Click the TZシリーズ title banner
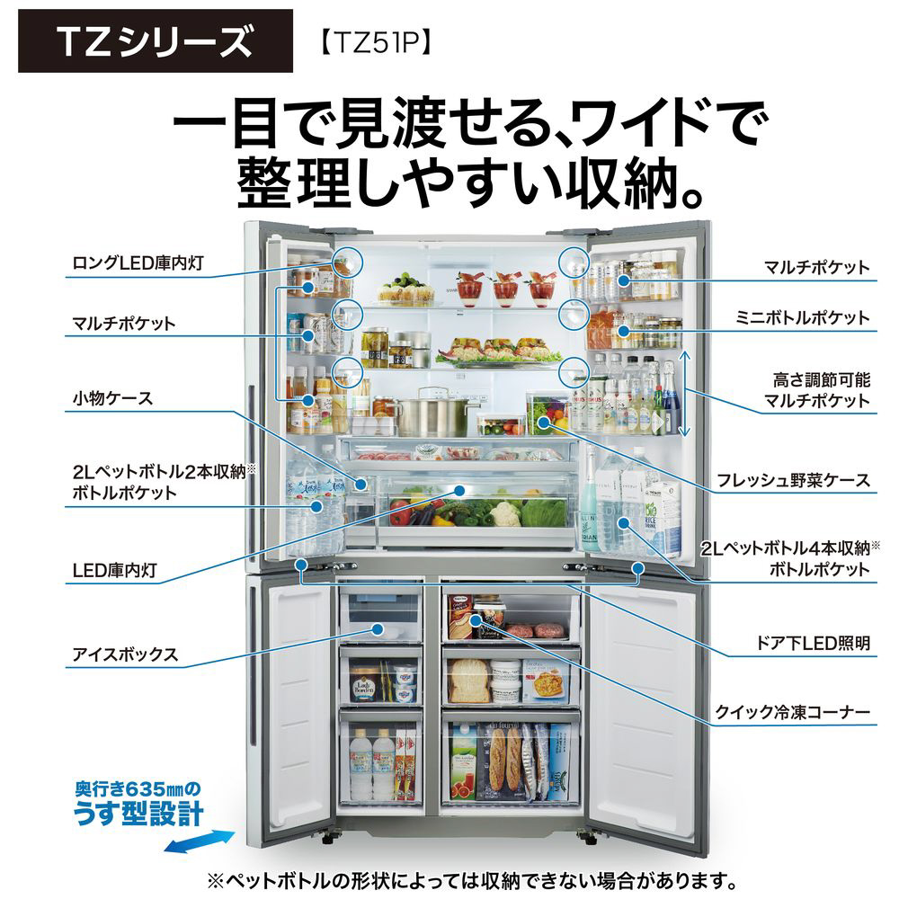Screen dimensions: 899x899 tap(156, 40)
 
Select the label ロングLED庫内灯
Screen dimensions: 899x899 tap(138, 263)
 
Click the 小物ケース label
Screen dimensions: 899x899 tap(112, 398)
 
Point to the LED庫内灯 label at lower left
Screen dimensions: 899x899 tap(115, 570)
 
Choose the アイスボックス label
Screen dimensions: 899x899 tap(125, 654)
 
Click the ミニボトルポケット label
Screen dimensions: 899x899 tap(802, 317)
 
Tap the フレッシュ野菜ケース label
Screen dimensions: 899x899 tap(794, 480)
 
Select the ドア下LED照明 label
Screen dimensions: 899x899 tap(813, 643)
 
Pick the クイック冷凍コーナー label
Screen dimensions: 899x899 tap(792, 712)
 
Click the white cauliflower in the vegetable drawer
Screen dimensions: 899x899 tap(504, 513)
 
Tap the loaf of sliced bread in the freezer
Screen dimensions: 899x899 tap(469, 681)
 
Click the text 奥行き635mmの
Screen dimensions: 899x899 tap(138, 789)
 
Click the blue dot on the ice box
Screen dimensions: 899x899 tap(377, 629)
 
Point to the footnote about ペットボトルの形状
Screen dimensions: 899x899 tap(472, 881)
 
